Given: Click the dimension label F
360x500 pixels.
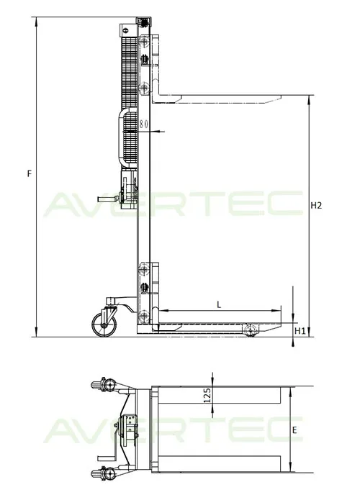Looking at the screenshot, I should (28, 173).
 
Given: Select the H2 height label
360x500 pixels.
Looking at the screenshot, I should (315, 205).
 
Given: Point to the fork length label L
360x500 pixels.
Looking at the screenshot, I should (218, 304).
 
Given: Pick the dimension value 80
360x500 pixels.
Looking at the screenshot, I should (144, 124).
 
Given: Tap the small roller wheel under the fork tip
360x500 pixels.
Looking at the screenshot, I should (251, 330).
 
